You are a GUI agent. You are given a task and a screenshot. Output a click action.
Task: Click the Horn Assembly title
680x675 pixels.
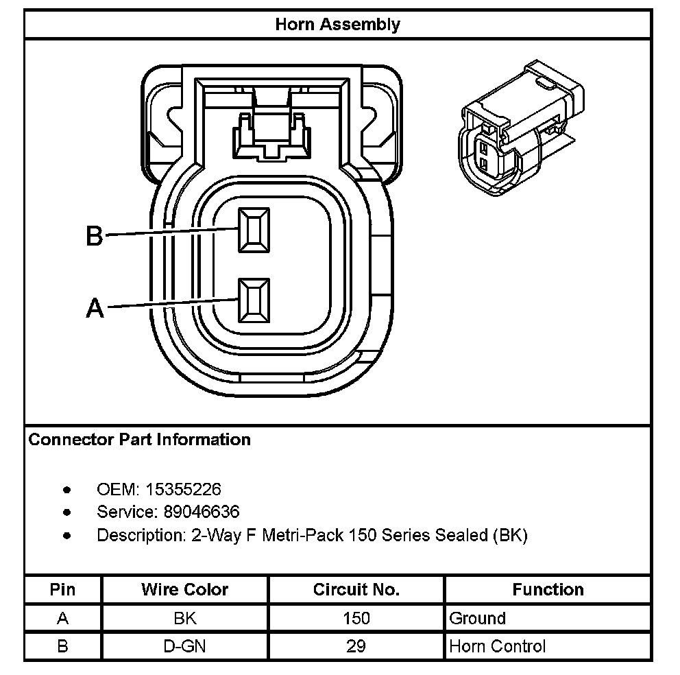click(337, 25)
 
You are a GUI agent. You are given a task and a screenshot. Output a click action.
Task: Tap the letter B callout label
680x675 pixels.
click(94, 236)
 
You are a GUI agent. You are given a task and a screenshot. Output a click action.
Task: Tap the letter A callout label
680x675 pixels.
click(95, 309)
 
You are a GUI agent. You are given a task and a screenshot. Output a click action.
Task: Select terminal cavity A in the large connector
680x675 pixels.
click(254, 300)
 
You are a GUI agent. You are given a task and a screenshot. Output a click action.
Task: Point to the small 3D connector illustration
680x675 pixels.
click(521, 130)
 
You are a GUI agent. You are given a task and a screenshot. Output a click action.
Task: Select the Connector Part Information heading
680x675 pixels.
click(140, 440)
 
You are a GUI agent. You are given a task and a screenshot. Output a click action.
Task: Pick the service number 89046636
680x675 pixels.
click(202, 512)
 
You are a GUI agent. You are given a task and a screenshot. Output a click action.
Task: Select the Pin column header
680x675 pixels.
click(63, 589)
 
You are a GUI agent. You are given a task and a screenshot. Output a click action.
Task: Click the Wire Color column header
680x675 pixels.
click(185, 589)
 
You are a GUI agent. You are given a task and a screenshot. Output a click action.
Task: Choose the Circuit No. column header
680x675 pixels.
click(356, 589)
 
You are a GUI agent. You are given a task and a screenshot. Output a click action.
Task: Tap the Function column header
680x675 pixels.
click(548, 589)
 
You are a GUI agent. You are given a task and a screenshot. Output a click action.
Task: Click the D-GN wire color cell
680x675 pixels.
click(185, 646)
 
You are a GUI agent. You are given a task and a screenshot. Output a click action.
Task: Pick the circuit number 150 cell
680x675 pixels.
click(356, 618)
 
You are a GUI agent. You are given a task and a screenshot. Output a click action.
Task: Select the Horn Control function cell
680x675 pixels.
click(497, 646)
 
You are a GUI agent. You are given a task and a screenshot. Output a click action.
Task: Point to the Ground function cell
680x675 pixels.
click(477, 618)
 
